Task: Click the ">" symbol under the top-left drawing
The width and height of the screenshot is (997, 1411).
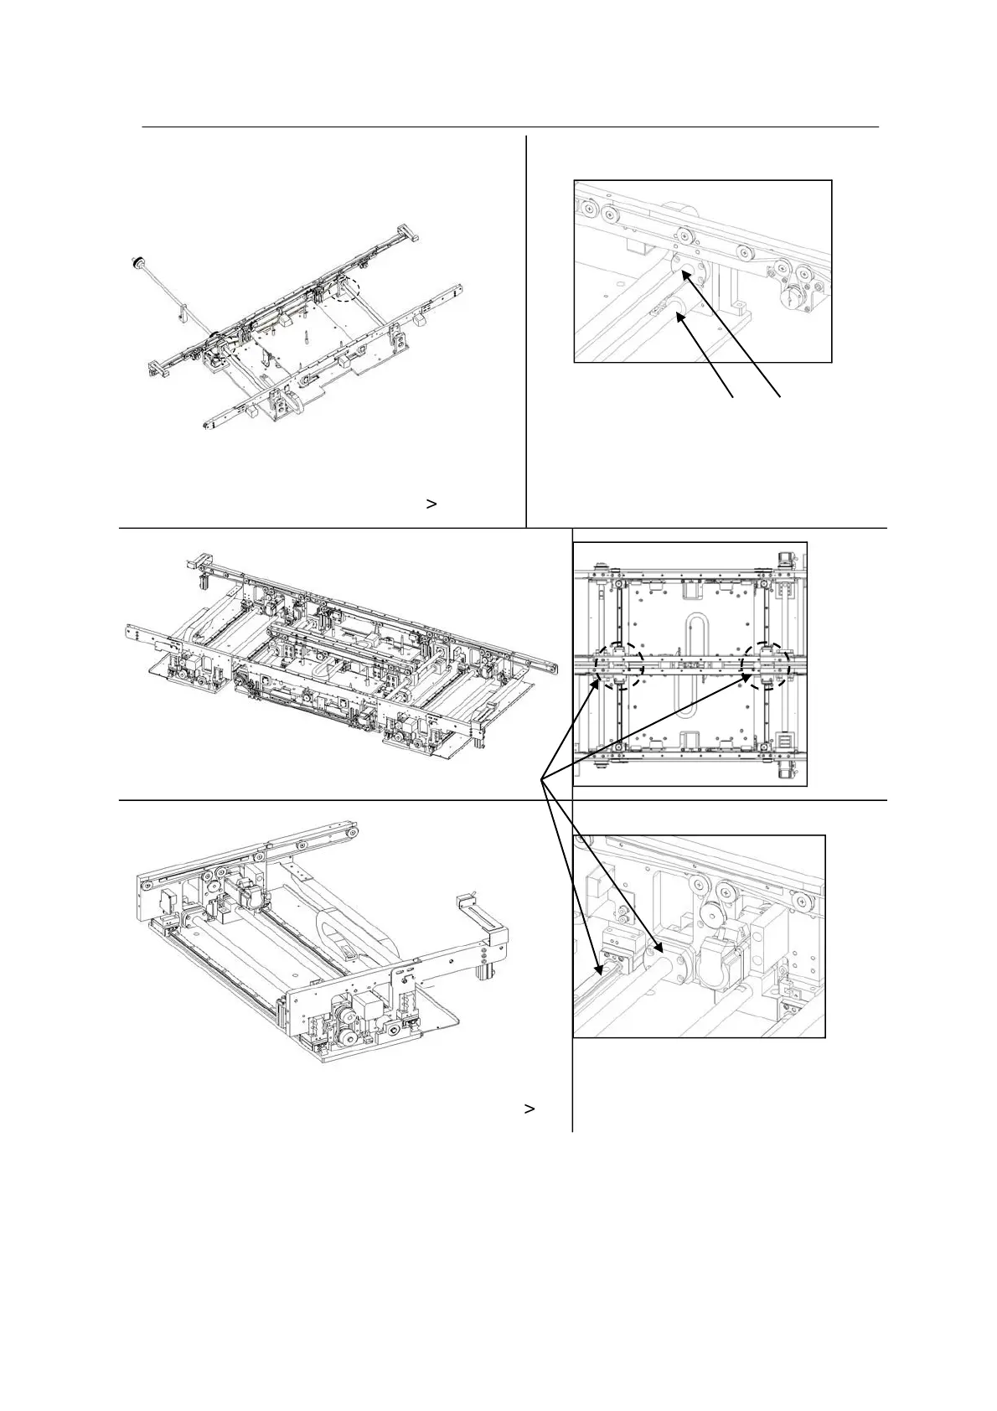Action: (431, 504)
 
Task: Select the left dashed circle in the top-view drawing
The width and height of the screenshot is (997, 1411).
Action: (619, 665)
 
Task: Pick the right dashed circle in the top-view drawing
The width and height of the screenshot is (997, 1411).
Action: (767, 665)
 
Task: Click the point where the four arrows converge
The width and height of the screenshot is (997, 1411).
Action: (542, 779)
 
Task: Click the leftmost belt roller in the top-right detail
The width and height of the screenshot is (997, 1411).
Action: (591, 209)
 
